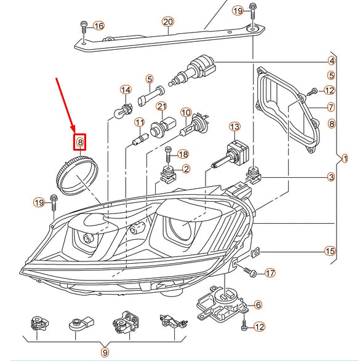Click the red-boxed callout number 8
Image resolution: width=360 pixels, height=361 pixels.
pyautogui.click(x=80, y=142)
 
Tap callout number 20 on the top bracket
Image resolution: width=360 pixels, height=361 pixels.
pyautogui.click(x=168, y=22)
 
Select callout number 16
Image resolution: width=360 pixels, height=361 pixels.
pyautogui.click(x=99, y=26)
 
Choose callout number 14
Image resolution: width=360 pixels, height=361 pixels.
pyautogui.click(x=126, y=90)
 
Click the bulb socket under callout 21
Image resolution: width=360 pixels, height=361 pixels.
pyautogui.click(x=163, y=127)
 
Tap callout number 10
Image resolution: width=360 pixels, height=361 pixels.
pyautogui.click(x=186, y=113)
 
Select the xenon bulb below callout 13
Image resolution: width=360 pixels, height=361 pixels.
pyautogui.click(x=231, y=155)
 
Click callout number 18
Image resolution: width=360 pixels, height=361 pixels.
pyautogui.click(x=183, y=154)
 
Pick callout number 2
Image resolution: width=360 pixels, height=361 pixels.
pyautogui.click(x=186, y=169)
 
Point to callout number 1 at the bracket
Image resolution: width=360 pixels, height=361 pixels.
pyautogui.click(x=345, y=159)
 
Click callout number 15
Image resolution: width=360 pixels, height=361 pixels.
pyautogui.click(x=330, y=251)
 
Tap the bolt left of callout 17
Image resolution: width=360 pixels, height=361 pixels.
pyautogui.click(x=250, y=272)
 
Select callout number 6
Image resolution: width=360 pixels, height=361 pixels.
pyautogui.click(x=258, y=305)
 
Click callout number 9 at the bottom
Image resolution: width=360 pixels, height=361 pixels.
pyautogui.click(x=105, y=352)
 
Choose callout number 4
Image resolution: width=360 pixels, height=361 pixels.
pyautogui.click(x=332, y=61)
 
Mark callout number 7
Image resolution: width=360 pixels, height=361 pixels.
pyautogui.click(x=331, y=107)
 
